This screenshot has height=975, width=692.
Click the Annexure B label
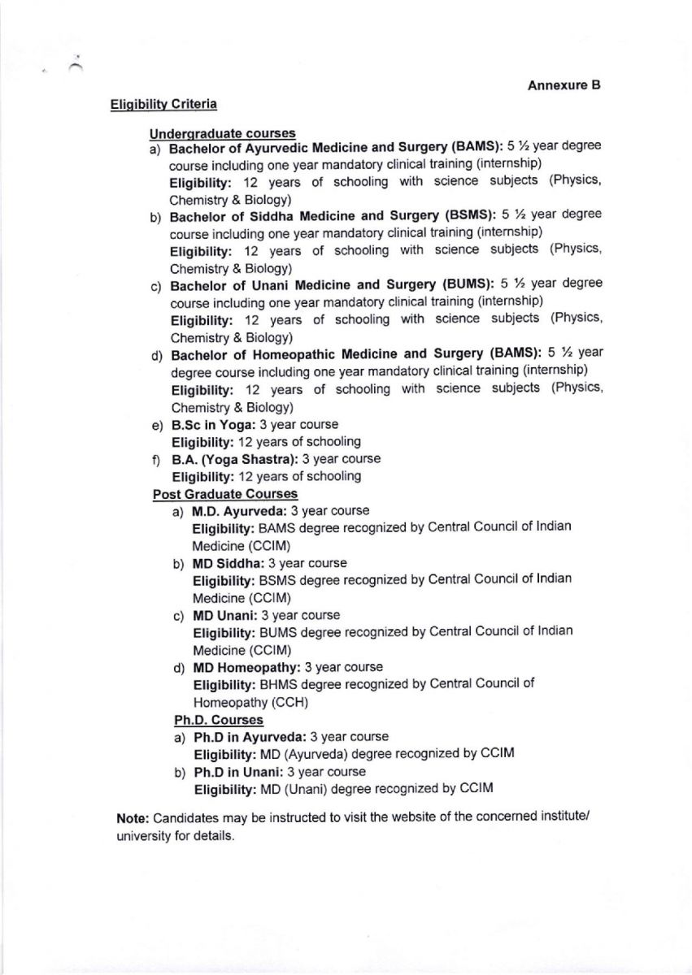click(x=564, y=85)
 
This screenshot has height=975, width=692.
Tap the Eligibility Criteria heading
click(x=163, y=104)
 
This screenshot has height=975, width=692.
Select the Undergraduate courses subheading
click(x=222, y=133)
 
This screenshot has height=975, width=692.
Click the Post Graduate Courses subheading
click(x=225, y=494)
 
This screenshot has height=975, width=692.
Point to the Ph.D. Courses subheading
click(x=219, y=720)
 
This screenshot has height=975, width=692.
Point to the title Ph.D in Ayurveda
click(x=250, y=737)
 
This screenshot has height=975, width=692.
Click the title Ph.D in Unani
click(x=238, y=772)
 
